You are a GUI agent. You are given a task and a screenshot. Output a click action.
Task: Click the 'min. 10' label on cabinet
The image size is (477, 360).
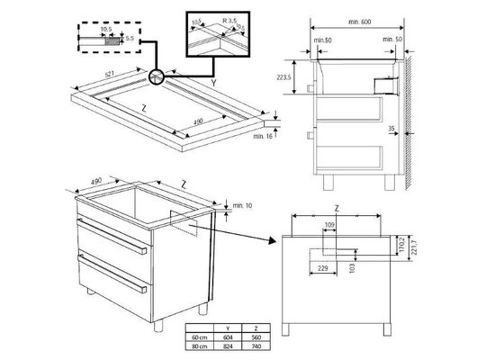(x=240, y=208)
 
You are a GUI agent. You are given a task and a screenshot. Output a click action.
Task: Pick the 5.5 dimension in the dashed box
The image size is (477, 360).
(x=129, y=40)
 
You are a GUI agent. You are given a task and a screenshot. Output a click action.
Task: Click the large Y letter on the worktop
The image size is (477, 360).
(x=213, y=83)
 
